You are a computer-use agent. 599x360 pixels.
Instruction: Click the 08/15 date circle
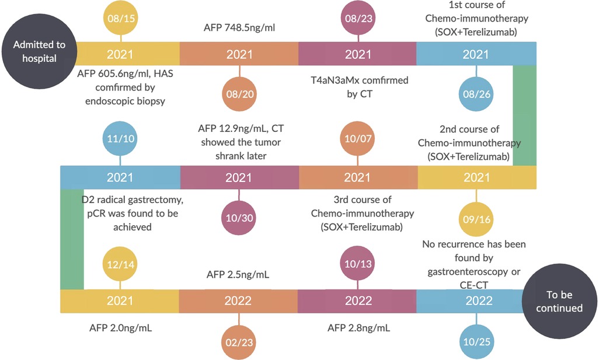[121, 18]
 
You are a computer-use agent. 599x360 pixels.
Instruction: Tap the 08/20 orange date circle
[239, 94]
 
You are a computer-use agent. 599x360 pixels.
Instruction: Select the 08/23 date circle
[358, 18]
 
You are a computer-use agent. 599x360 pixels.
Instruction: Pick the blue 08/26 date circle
[476, 94]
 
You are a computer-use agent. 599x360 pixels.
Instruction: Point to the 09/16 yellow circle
[476, 219]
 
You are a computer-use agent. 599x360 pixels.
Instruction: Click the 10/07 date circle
[357, 138]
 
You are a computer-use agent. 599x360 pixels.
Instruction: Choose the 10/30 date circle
[239, 218]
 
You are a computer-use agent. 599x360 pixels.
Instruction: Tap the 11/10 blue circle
[120, 138]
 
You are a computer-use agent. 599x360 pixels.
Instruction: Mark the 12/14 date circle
[120, 264]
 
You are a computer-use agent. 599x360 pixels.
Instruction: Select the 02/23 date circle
[239, 342]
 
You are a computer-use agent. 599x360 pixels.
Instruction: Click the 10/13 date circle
[358, 263]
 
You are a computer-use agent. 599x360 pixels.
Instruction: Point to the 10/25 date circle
[476, 342]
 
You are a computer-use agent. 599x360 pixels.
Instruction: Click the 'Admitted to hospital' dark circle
[39, 51]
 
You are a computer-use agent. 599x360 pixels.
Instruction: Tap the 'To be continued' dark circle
[560, 301]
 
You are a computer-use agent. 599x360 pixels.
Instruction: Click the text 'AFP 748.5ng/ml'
[239, 27]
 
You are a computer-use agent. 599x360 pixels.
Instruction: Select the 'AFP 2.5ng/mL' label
[238, 274]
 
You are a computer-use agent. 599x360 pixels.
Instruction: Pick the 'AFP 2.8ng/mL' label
[358, 328]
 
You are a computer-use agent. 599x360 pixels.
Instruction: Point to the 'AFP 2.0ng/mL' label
[120, 328]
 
